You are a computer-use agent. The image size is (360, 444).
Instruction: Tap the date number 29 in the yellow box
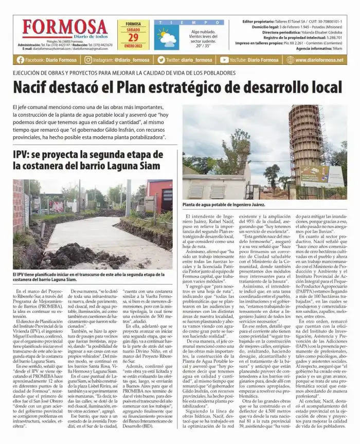[133, 37]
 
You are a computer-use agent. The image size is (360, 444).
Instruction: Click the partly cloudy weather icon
[167, 38]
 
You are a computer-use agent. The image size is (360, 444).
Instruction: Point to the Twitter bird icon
[161, 60]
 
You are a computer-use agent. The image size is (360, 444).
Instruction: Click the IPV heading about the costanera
[88, 161]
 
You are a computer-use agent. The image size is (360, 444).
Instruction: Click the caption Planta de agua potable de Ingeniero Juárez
[224, 205]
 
